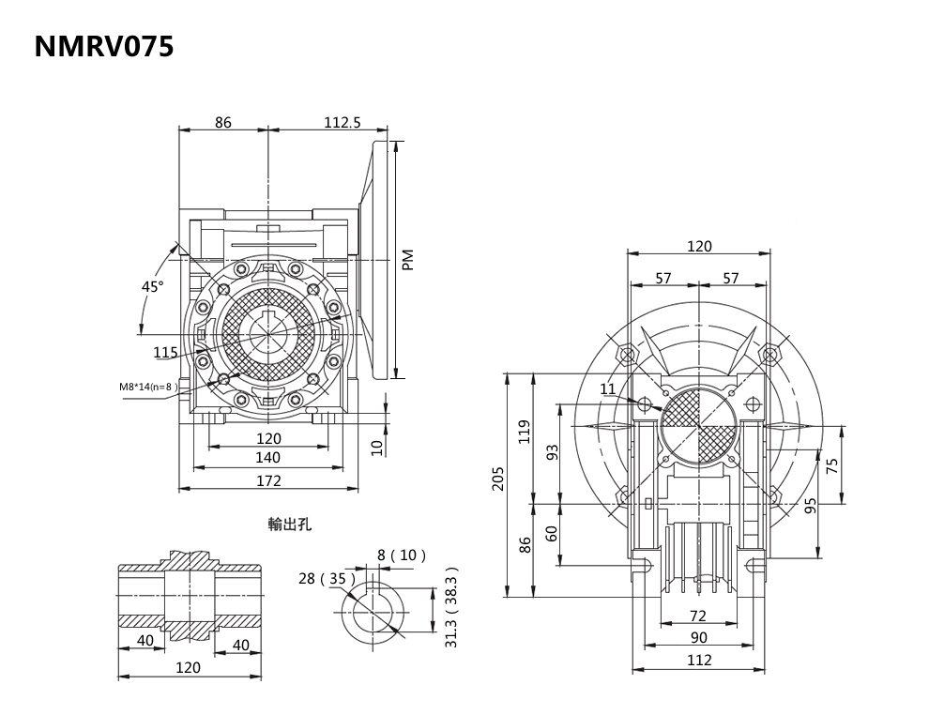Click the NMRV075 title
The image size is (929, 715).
pyautogui.click(x=104, y=47)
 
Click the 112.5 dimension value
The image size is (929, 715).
pyautogui.click(x=343, y=122)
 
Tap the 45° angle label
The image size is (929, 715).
pyautogui.click(x=152, y=286)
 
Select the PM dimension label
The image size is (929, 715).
pyautogui.click(x=407, y=260)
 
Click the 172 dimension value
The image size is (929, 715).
pyautogui.click(x=268, y=480)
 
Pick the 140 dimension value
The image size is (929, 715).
pyautogui.click(x=268, y=458)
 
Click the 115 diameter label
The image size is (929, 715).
pyautogui.click(x=166, y=353)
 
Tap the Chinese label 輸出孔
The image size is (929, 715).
pyautogui.click(x=289, y=525)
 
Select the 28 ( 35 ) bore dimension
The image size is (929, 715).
pyautogui.click(x=322, y=578)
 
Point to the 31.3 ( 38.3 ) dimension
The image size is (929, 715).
pyautogui.click(x=451, y=607)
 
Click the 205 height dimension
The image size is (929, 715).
pyautogui.click(x=498, y=479)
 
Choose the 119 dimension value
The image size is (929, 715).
pyautogui.click(x=525, y=431)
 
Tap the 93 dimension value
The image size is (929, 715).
pyautogui.click(x=553, y=452)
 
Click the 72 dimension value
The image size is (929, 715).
pyautogui.click(x=697, y=616)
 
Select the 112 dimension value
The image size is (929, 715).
pyautogui.click(x=699, y=660)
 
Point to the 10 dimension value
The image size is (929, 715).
pyautogui.click(x=377, y=448)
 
